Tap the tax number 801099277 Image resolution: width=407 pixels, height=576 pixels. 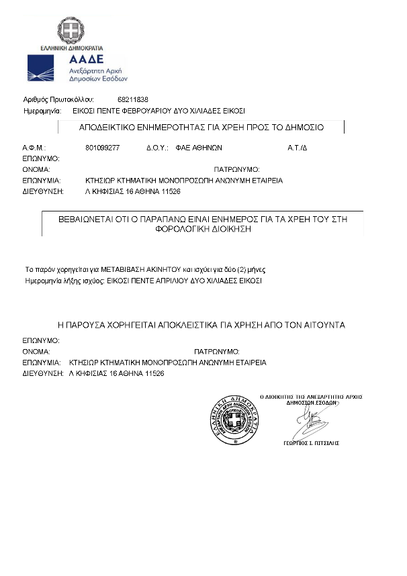tap(102, 147)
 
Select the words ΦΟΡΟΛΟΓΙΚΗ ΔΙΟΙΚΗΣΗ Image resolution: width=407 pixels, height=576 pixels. tap(203, 228)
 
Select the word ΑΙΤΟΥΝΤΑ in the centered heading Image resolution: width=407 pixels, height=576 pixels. tap(320, 325)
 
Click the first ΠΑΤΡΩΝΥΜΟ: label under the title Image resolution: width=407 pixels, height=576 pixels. tap(236, 169)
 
